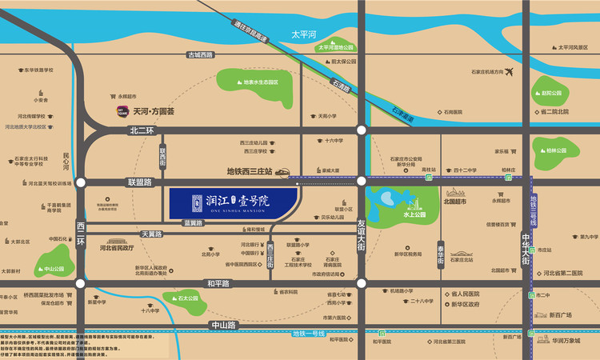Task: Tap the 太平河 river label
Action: click(x=304, y=34)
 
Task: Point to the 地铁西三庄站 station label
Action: click(x=250, y=170)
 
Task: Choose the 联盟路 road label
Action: click(x=139, y=182)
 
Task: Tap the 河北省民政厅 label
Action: click(x=121, y=248)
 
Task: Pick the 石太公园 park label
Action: click(x=188, y=299)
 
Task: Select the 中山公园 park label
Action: click(x=54, y=269)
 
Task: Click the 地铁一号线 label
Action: click(x=307, y=333)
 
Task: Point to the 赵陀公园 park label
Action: click(x=551, y=93)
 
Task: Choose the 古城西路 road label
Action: click(x=201, y=54)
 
